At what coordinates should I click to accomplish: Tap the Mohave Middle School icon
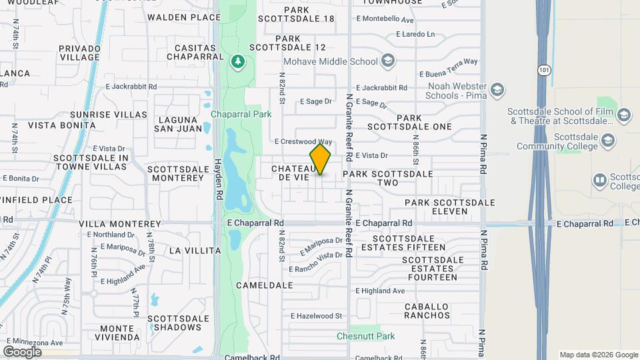pyautogui.click(x=387, y=62)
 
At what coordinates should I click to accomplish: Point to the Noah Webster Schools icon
pyautogui.click(x=497, y=89)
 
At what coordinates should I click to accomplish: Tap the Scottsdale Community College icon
pyautogui.click(x=607, y=140)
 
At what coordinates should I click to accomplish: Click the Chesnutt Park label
pyautogui.click(x=365, y=337)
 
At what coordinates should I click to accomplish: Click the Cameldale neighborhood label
pyautogui.click(x=265, y=285)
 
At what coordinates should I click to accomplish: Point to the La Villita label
pyautogui.click(x=195, y=251)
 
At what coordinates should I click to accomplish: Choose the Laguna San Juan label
pyautogui.click(x=179, y=124)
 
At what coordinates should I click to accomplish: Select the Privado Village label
pyautogui.click(x=79, y=53)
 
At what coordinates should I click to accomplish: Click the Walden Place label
pyautogui.click(x=183, y=17)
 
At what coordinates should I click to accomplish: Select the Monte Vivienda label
pyautogui.click(x=122, y=333)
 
